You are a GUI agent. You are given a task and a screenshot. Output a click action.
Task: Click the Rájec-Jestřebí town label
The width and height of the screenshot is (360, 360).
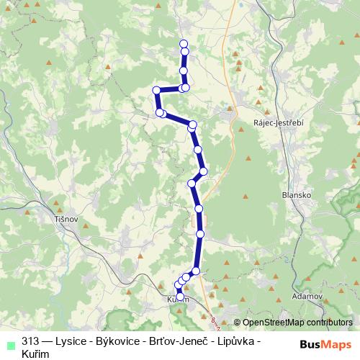[x=279, y=122]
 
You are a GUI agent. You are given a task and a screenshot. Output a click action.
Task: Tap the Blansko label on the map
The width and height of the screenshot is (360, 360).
[x=293, y=194]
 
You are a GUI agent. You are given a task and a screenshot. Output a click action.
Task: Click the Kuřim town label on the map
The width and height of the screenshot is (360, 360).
[x=178, y=300]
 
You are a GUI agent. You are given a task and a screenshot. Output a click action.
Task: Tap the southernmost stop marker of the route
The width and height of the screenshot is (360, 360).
[x=179, y=296]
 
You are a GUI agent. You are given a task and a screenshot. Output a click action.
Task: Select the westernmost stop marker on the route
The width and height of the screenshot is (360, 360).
[x=156, y=90]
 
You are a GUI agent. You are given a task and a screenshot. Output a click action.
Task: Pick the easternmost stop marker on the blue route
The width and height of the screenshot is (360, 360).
[x=204, y=171]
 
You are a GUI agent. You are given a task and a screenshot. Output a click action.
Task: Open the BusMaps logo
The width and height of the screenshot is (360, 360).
[x=323, y=344]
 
